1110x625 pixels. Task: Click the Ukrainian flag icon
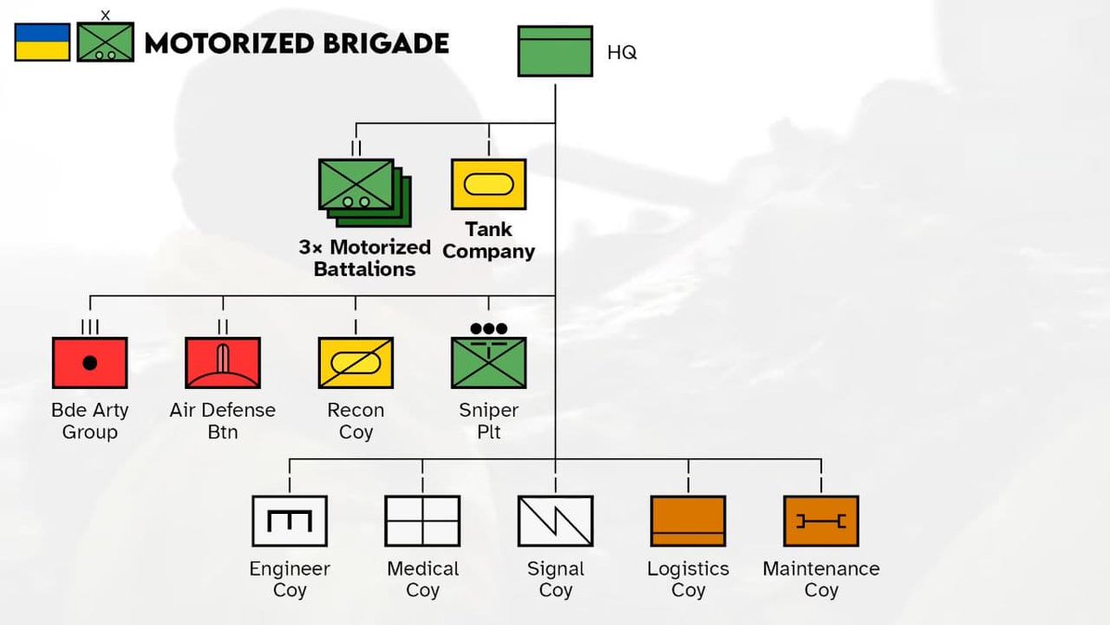42,43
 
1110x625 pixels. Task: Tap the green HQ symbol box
555,51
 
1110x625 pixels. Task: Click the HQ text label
622,53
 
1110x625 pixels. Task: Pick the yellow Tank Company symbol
488,184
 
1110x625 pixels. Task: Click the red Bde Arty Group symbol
90,363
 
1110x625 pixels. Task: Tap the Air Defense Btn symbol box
223,363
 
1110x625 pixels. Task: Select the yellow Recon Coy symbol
356,363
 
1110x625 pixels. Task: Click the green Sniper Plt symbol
488,363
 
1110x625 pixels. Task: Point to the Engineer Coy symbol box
290,521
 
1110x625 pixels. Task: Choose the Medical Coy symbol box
423,521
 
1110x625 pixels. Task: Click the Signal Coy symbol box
555,521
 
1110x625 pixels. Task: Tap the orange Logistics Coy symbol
688,521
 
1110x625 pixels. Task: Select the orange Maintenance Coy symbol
821,521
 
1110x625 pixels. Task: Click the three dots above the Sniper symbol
488,329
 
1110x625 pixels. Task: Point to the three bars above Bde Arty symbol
90,326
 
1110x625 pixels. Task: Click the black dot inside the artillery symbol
90,363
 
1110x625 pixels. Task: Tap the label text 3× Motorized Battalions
364,258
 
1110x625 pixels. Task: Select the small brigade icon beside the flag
105,42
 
